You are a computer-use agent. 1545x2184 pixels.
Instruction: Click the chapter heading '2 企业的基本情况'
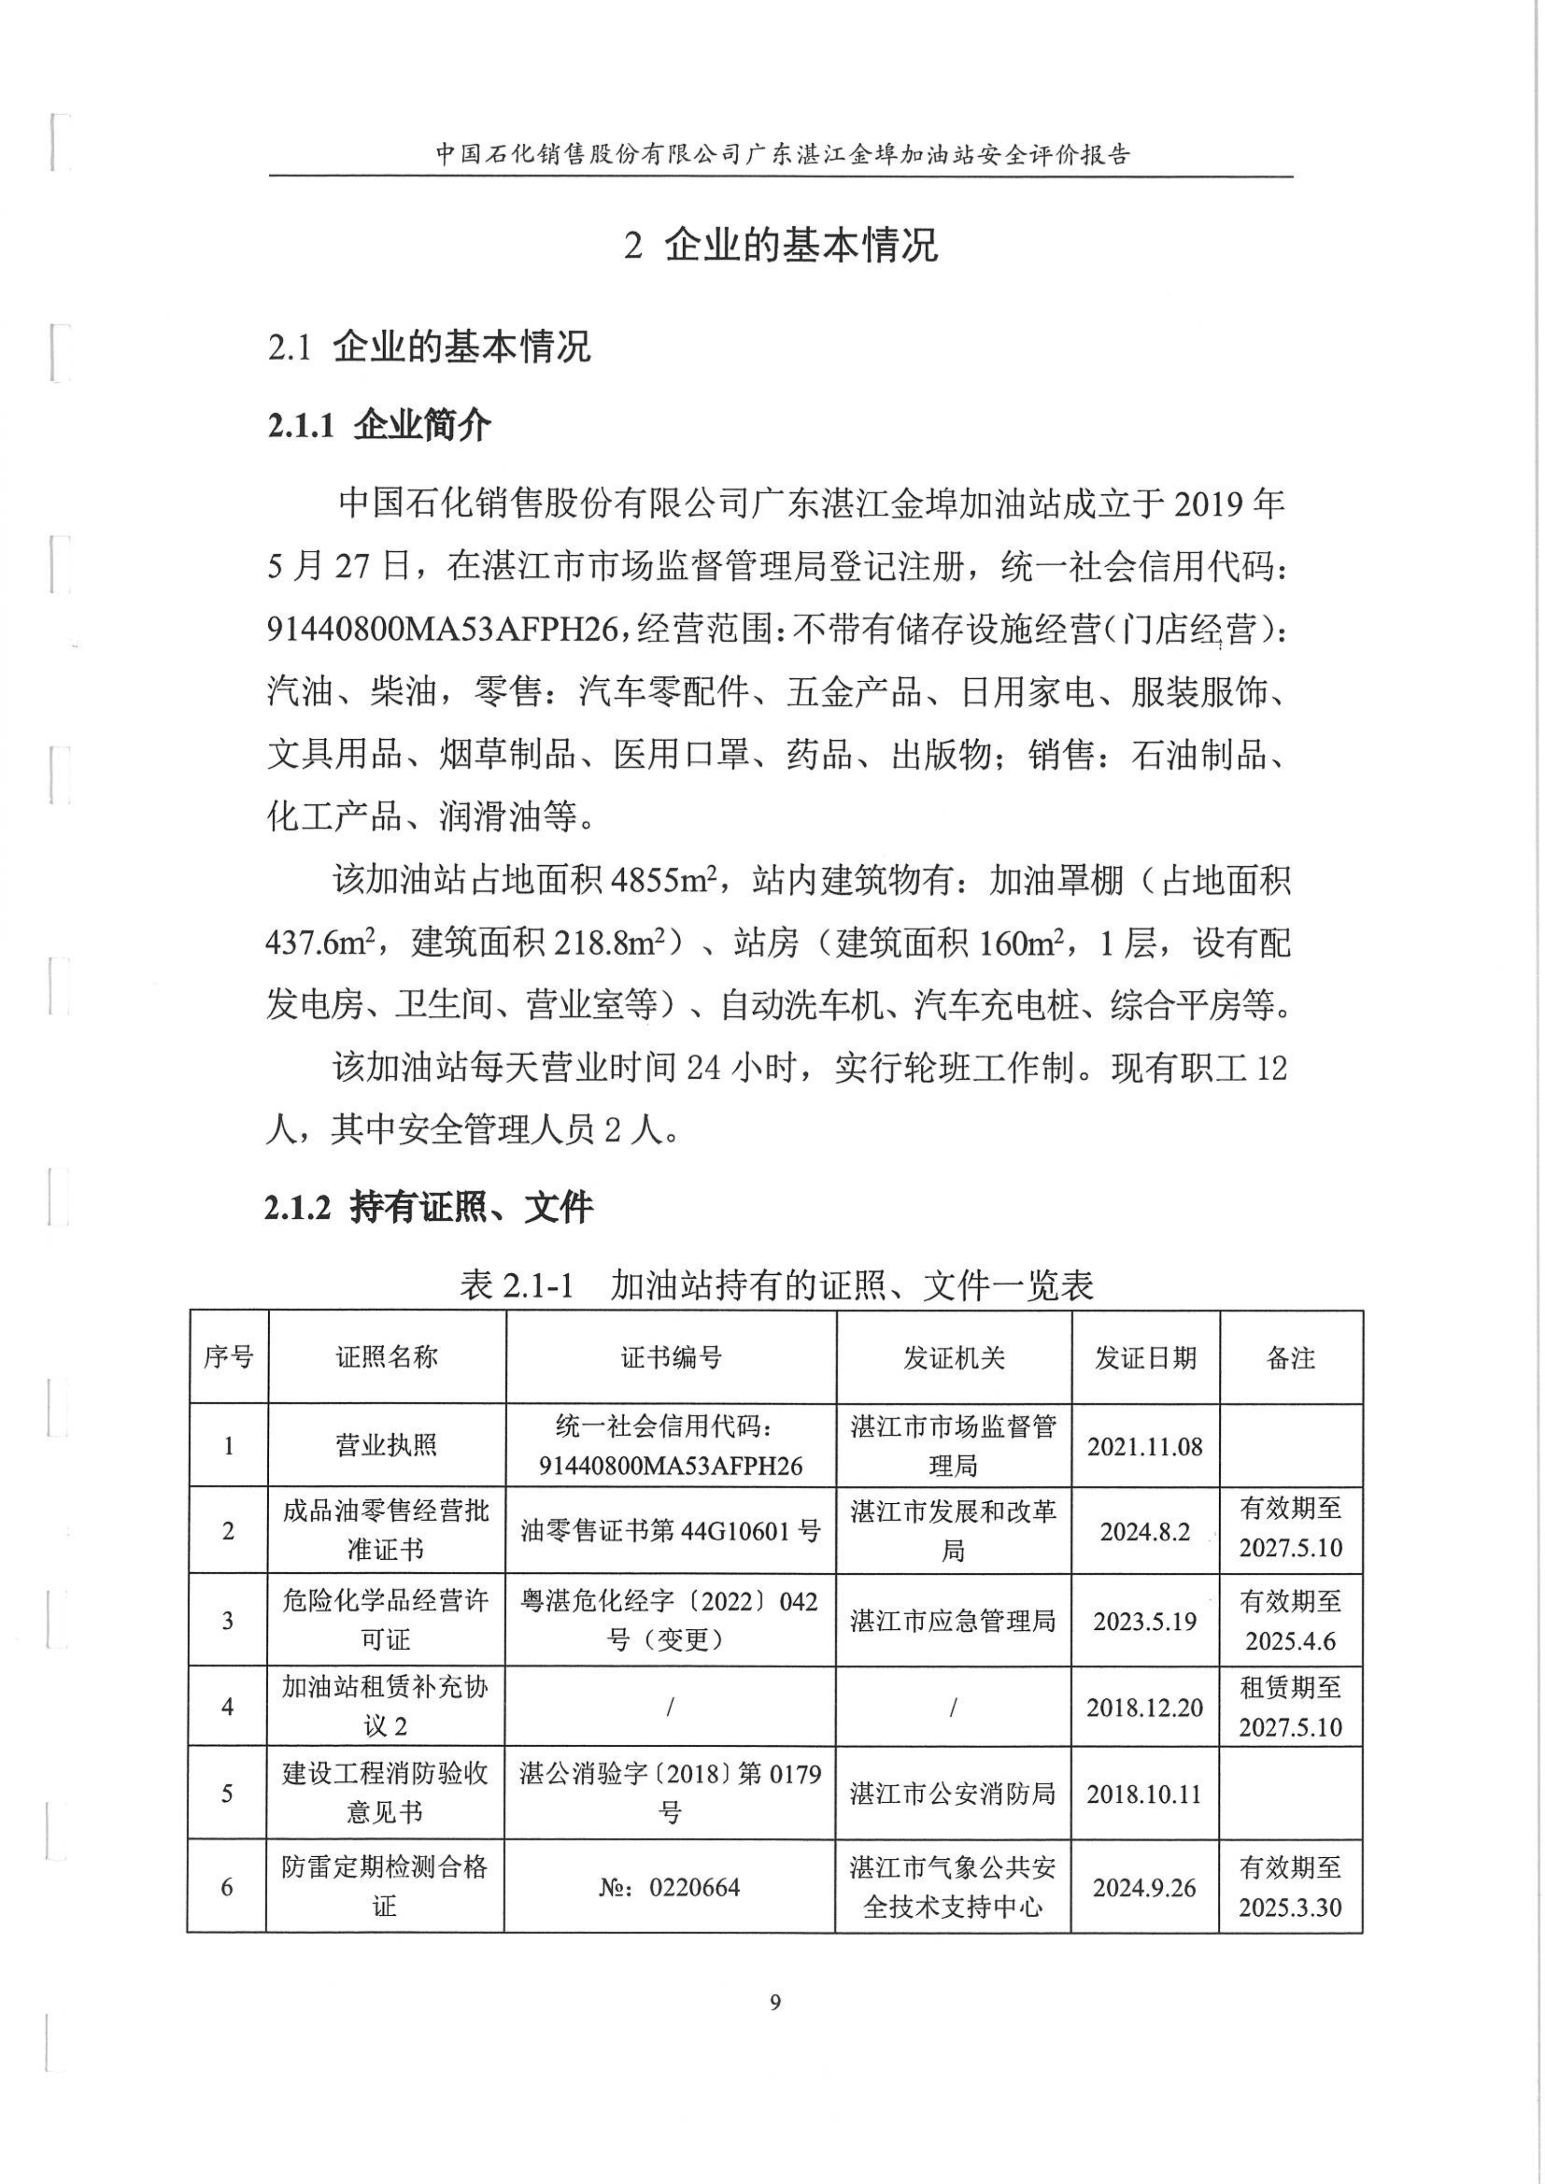[781, 245]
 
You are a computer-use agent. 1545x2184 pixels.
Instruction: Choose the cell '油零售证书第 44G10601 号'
[670, 1531]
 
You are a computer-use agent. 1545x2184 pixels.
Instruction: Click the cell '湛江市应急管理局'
[953, 1620]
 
